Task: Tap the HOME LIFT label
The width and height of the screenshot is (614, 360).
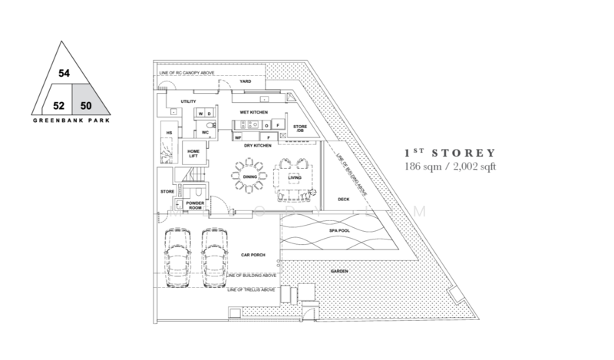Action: (194, 154)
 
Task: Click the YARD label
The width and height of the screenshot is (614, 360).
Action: (246, 81)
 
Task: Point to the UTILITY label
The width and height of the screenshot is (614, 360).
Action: (189, 101)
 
